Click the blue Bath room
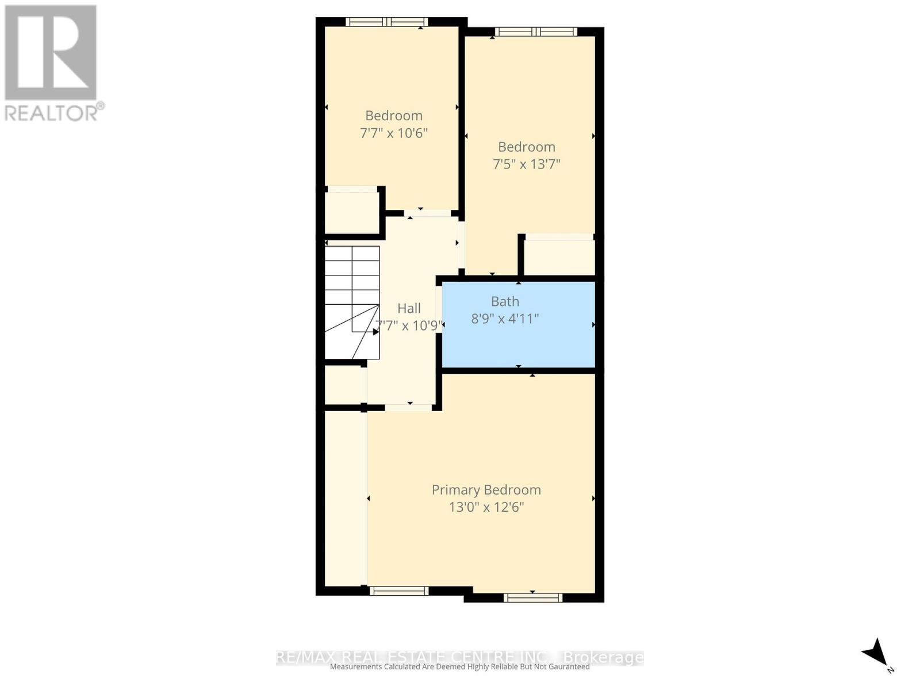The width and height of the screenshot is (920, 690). pos(517,339)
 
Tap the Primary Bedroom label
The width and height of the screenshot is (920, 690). pos(486,490)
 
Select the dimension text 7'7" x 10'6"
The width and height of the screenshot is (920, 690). pos(394,133)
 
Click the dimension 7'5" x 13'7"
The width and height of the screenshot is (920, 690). pos(526,164)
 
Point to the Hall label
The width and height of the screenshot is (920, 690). pos(409,308)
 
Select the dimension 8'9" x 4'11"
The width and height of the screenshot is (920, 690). pos(505,318)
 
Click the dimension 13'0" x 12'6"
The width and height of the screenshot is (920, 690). pos(486,507)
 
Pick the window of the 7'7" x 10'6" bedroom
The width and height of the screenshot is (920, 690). pos(386,22)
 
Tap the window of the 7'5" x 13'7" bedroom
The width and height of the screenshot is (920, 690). pos(536,32)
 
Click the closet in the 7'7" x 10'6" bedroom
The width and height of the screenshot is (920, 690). pos(351,212)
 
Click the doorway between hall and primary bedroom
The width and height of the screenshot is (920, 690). pos(408,407)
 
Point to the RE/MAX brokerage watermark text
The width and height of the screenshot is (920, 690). pos(460,657)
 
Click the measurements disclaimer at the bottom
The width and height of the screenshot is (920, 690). pos(460,667)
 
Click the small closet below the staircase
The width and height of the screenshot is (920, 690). pos(344,385)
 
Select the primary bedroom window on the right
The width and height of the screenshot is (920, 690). pos(532,597)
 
